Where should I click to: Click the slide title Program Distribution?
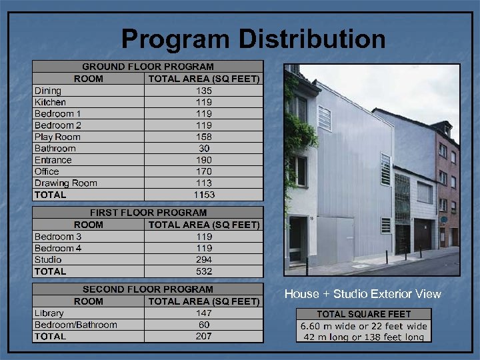coord(253,39)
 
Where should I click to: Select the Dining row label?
coord(48,91)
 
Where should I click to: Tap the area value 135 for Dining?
coord(204,91)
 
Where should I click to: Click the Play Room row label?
coord(57,137)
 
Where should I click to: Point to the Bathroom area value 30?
coord(204,148)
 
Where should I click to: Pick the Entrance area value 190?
coord(204,160)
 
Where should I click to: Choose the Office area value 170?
coord(204,171)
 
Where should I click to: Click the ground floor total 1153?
coord(204,195)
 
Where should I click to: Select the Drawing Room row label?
coord(66,183)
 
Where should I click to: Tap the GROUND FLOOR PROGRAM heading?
coord(148,67)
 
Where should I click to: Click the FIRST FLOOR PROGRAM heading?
coord(148,213)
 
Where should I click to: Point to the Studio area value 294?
coord(204,259)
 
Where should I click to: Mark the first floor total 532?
coord(204,271)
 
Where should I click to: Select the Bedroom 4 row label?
coord(59,248)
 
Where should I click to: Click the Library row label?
coord(49,313)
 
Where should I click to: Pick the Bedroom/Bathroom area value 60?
coord(204,325)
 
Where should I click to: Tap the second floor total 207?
coord(204,336)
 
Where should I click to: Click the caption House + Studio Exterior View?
coord(363,294)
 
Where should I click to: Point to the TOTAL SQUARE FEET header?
coord(364,314)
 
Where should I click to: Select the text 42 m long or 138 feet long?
coord(364,337)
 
